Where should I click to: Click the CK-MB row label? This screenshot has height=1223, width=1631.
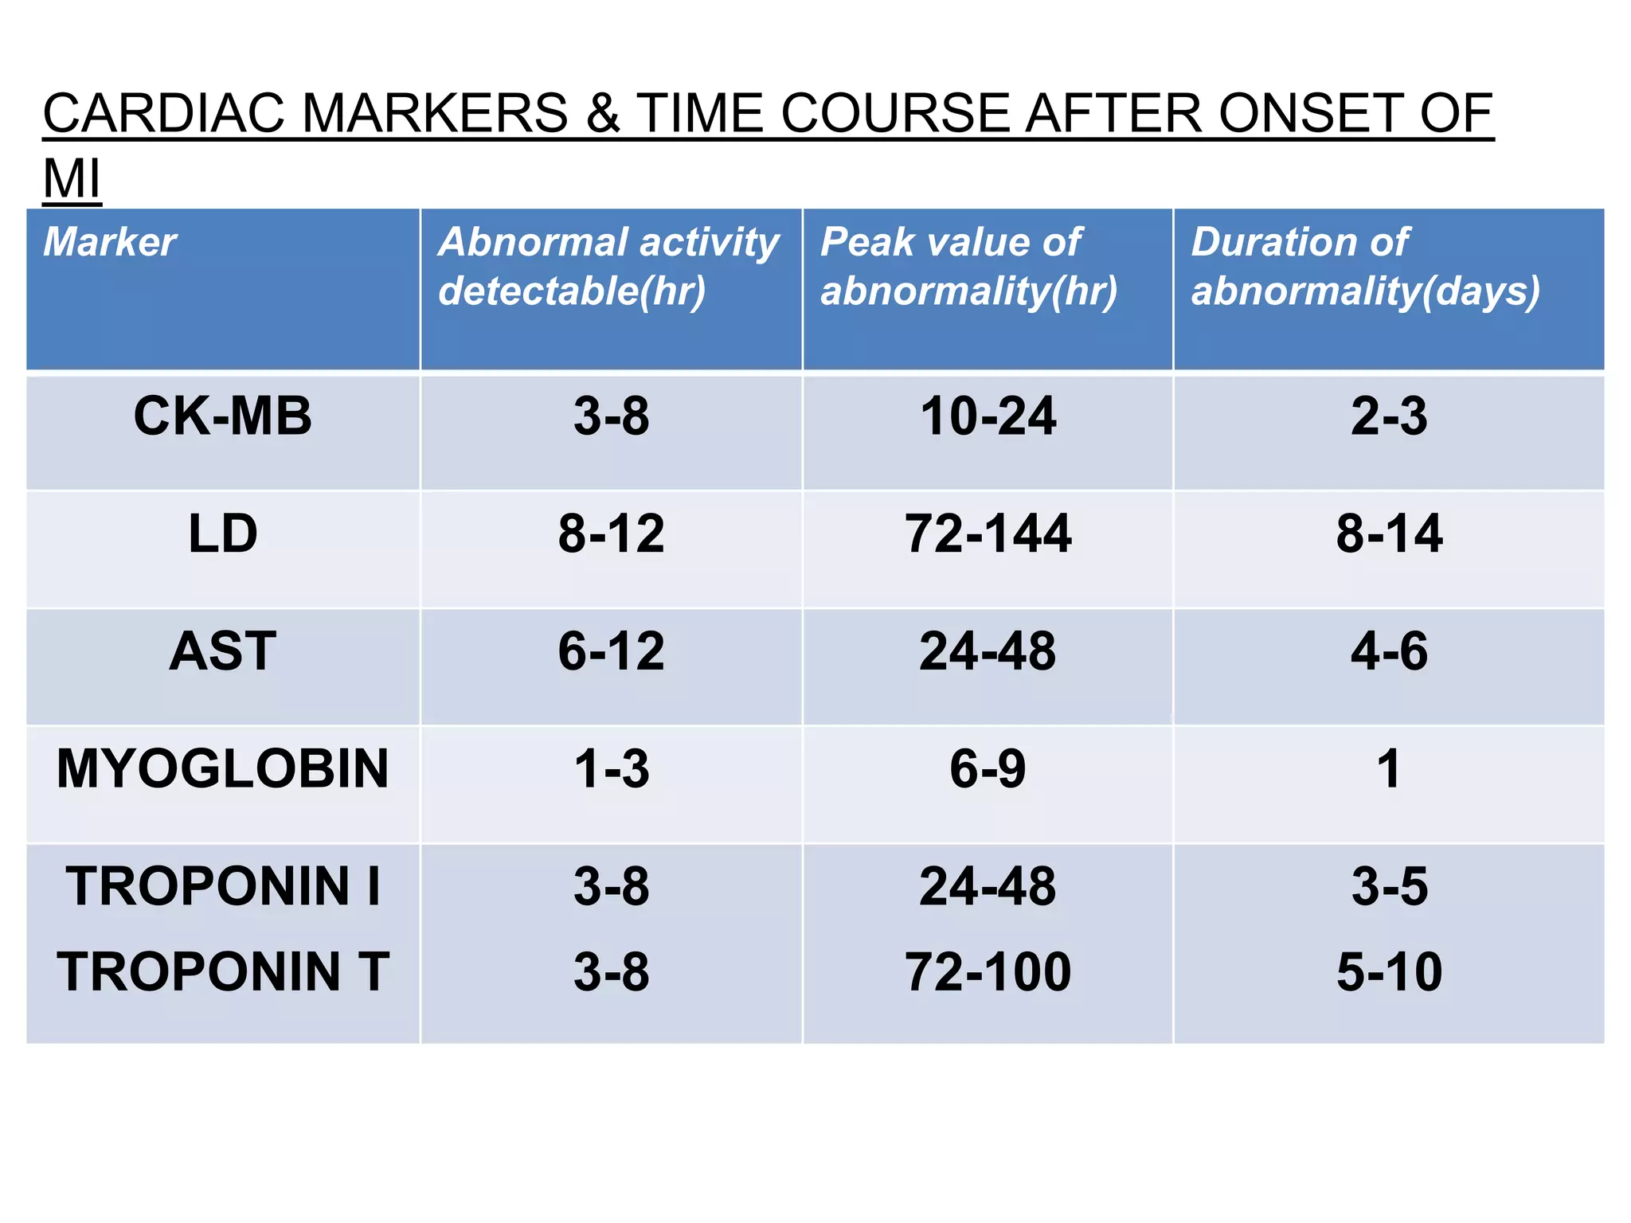pos(222,416)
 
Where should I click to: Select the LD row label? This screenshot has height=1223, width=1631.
pos(222,533)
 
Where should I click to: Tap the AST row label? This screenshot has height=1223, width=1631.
pos(222,651)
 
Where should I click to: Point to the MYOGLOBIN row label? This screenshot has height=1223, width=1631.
pos(222,769)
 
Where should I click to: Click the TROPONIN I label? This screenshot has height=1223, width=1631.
pos(222,886)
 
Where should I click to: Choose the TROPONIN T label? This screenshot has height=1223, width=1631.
pos(222,972)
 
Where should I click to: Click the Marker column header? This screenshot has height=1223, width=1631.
pos(109,242)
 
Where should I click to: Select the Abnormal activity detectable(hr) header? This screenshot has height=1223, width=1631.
pos(608,266)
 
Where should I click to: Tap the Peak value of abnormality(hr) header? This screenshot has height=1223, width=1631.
pos(968,266)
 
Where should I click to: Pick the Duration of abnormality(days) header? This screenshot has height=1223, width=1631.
pos(1365,266)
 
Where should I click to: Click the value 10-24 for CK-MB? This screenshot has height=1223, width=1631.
pos(988,416)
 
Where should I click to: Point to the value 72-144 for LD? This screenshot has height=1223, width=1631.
pos(988,533)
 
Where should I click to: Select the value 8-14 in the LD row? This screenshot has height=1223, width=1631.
pos(1389,533)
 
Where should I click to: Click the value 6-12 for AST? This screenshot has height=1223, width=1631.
pos(611,651)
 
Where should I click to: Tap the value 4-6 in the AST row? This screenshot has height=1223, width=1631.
pos(1389,651)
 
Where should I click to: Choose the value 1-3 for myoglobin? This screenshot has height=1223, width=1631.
pos(611,769)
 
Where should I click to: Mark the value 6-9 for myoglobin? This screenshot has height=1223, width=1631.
pos(988,769)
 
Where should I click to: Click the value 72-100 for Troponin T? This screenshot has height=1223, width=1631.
pos(988,972)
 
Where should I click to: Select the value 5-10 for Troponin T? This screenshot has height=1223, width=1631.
pos(1389,972)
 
